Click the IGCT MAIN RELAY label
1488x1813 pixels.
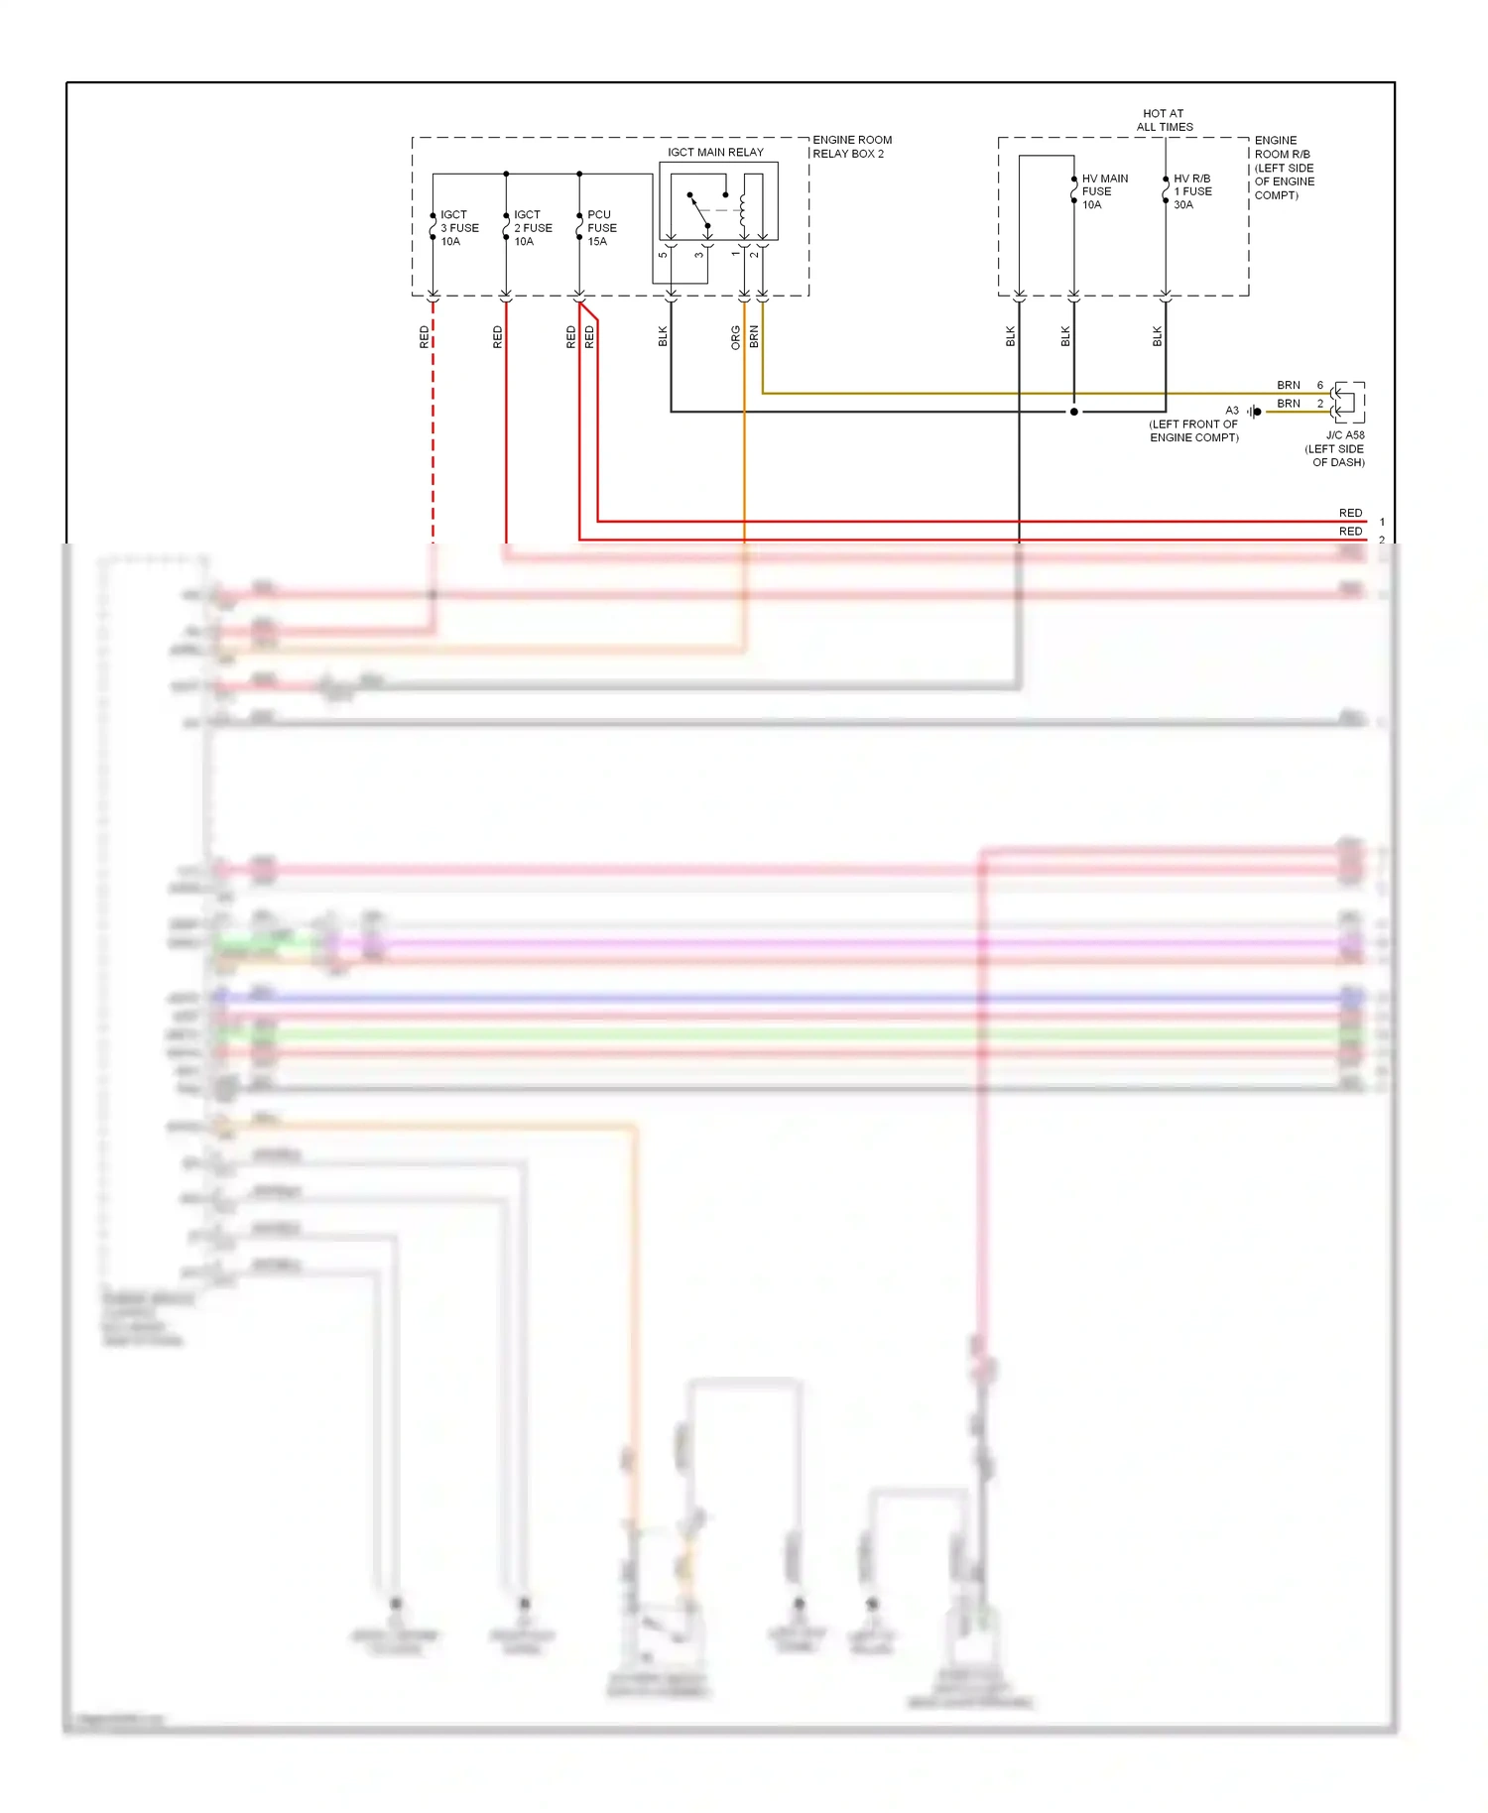pos(715,152)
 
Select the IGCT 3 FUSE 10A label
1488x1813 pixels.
pos(458,228)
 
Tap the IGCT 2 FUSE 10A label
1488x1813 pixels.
pos(533,228)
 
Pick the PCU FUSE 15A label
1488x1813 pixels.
pos(601,228)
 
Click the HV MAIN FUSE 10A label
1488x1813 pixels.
pos(1103,191)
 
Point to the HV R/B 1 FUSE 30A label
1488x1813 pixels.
pos(1192,191)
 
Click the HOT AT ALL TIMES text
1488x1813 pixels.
pos(1165,120)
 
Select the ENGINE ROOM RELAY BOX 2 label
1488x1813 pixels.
pos(852,147)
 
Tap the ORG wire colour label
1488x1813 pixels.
pos(735,337)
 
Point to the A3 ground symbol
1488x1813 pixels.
pos(1255,412)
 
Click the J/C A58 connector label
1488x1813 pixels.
pos(1344,435)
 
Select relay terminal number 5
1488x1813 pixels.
pos(663,255)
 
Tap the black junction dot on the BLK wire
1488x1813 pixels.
pos(1073,412)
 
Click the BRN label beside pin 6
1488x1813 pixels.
pos(1288,385)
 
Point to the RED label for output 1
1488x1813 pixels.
pos(1350,513)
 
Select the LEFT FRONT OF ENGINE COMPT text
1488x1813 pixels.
pos(1193,430)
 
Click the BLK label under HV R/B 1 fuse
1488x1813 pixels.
pos(1157,336)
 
